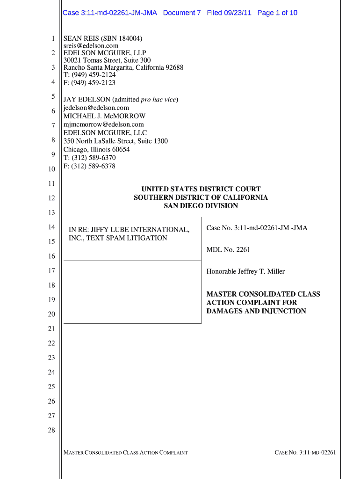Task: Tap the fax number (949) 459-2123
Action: point(93,83)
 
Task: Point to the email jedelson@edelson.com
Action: point(96,108)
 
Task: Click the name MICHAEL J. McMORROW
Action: point(104,116)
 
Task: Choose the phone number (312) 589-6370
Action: point(93,158)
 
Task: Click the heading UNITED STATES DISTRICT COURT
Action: point(201,189)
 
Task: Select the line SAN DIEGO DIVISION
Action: point(201,206)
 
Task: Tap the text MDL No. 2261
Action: point(228,250)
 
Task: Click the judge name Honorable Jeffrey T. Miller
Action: point(245,271)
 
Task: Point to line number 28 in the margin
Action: point(51,430)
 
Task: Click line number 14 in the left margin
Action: point(51,227)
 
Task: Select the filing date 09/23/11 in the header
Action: point(238,13)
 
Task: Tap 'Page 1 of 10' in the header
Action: point(277,13)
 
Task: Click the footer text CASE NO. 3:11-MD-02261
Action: point(305,452)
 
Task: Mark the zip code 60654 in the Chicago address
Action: point(120,149)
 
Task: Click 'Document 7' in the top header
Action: point(182,13)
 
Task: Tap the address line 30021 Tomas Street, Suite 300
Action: point(107,60)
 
